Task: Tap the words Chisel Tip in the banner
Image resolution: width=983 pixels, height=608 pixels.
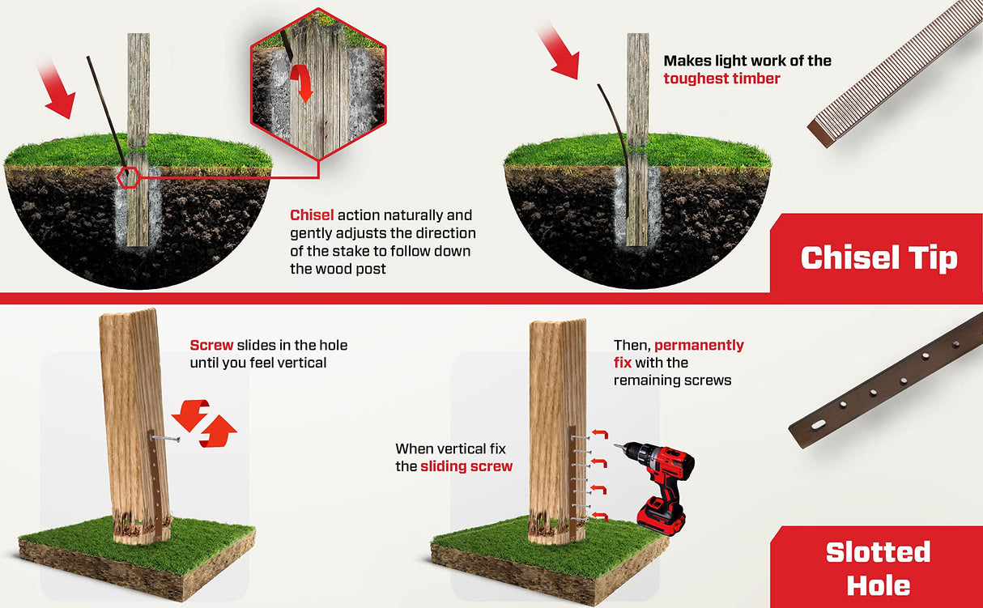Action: point(879,257)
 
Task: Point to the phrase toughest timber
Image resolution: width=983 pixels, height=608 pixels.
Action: point(721,79)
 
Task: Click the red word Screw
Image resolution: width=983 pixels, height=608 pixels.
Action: point(211,345)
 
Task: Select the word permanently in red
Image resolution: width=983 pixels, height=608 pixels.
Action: point(699,345)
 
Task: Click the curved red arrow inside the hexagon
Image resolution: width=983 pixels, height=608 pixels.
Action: point(303,83)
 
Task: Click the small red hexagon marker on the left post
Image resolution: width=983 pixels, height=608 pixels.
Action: point(128,176)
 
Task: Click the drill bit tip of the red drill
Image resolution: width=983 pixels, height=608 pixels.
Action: point(616,446)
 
